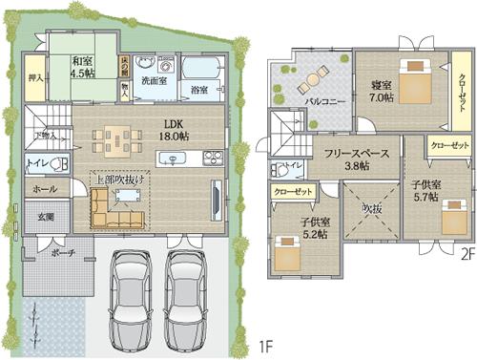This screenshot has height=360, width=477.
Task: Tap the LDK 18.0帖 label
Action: click(x=173, y=130)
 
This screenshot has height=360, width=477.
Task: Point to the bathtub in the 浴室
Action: click(x=199, y=72)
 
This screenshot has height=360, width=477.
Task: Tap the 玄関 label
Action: click(x=46, y=217)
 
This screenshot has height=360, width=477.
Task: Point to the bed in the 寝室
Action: click(x=417, y=83)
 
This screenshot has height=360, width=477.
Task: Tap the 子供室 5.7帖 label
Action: click(x=424, y=189)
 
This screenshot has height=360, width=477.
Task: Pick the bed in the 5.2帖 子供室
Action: click(x=290, y=253)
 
